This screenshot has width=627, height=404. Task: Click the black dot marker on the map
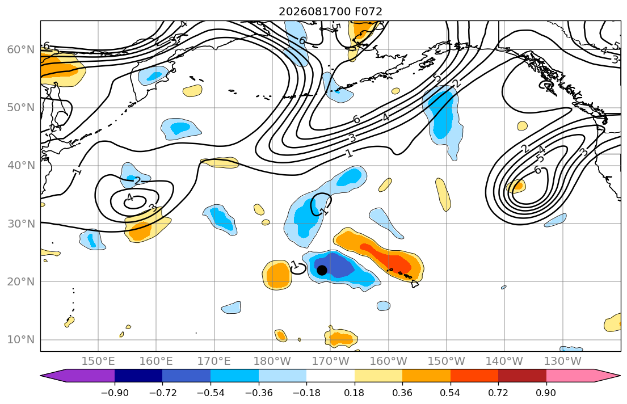pos(322,271)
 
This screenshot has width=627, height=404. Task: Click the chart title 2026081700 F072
pos(330,11)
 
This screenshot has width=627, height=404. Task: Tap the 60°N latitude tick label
pos(21,50)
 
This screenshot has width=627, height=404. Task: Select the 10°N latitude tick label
pos(21,340)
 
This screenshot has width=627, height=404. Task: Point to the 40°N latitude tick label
pos(21,166)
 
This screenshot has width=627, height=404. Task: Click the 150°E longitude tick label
pos(98,361)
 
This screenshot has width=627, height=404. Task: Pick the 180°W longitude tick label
pos(272,361)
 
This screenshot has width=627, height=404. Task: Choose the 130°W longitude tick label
pos(563,361)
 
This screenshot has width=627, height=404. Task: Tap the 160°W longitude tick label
pos(388,361)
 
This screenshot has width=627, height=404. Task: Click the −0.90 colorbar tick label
pos(115,393)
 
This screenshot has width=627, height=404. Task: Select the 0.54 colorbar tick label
pos(451,393)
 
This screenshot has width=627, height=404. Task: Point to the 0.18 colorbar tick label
pos(354,393)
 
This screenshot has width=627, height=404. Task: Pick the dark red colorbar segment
pos(522,376)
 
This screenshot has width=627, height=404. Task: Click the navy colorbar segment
pos(138,376)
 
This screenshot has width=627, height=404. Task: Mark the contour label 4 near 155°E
pos(129,197)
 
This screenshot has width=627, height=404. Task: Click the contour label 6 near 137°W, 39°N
pos(538,170)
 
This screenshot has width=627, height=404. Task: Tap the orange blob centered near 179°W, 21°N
pos(276,275)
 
